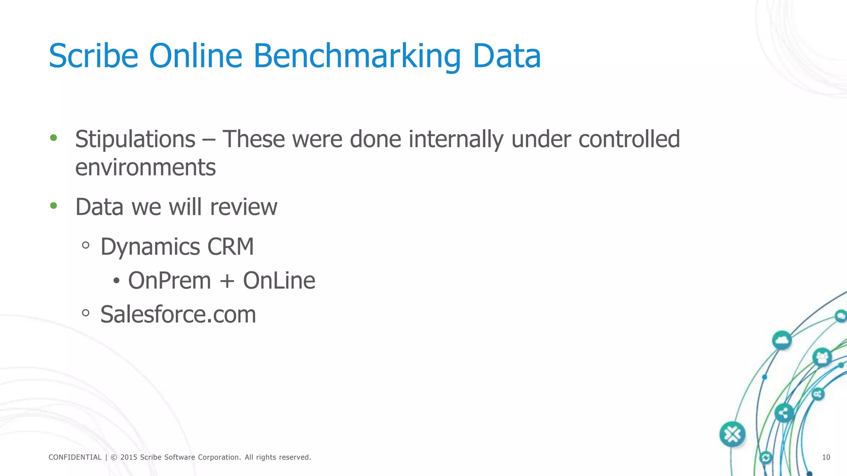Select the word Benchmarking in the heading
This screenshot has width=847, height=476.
coord(357,57)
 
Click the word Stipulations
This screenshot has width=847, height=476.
coord(135,139)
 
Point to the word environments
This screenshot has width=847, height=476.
coord(146,167)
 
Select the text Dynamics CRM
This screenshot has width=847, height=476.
coord(177,247)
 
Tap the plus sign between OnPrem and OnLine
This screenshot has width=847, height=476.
coord(227,281)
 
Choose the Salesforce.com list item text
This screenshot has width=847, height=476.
coord(178,314)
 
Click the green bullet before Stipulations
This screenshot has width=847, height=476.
coord(53,138)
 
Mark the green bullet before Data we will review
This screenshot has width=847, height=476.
coord(53,205)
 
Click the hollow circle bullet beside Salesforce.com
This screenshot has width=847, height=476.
coord(86,313)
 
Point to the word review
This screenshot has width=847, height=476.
coord(244,207)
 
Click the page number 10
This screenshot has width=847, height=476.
coord(826,457)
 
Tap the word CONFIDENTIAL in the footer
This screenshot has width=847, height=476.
coord(75,457)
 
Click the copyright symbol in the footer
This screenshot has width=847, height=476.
coord(114,457)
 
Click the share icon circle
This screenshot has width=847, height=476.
coord(784,412)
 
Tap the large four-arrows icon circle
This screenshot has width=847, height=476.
coord(732,434)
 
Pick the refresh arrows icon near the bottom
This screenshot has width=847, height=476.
coord(766,457)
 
